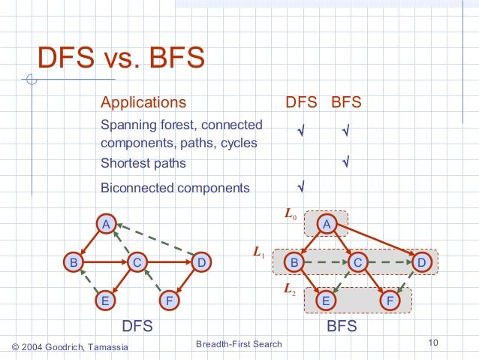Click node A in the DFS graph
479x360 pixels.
coord(107,224)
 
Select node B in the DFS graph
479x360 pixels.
coord(74,262)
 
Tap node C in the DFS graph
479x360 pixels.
coord(137,262)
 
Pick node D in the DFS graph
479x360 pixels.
coord(200,262)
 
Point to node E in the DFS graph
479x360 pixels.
coord(106,301)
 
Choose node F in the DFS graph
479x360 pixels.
coord(170,301)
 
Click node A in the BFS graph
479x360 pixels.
coord(327,223)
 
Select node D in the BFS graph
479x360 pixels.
coord(421,262)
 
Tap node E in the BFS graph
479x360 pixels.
coord(327,300)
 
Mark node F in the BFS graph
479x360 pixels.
coord(390,300)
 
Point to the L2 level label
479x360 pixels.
coord(289,288)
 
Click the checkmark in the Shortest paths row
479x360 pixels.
coord(346,162)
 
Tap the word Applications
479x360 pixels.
coord(143,102)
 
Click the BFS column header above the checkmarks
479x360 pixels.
coord(346,102)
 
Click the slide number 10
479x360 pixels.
coord(432,344)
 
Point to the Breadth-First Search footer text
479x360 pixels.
coord(238,344)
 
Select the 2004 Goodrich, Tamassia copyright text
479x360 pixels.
coord(71,346)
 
